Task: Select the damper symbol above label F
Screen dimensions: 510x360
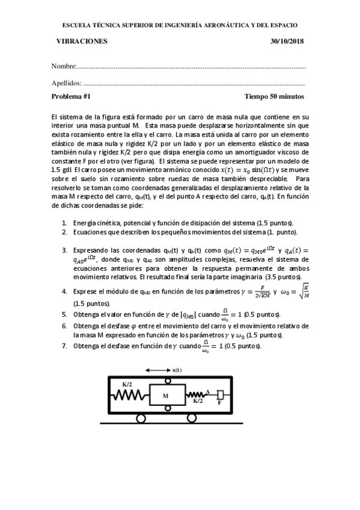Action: click(221, 395)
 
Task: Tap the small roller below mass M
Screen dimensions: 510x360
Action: click(166, 410)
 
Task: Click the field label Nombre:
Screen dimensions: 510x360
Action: click(64, 65)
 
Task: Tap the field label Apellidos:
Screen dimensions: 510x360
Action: click(67, 84)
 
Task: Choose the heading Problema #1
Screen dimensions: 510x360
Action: click(71, 96)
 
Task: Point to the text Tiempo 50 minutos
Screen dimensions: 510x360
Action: click(274, 96)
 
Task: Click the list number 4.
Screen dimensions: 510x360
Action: click(64, 290)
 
